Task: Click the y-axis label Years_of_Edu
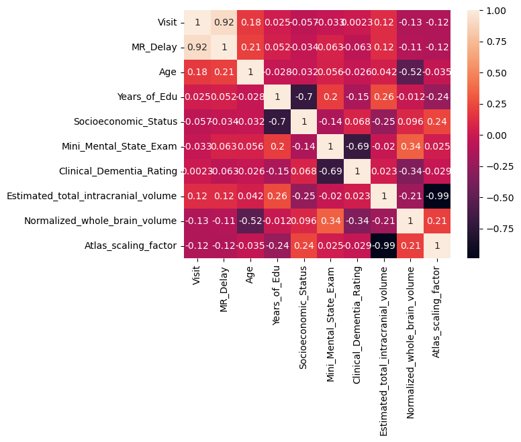[x=150, y=97]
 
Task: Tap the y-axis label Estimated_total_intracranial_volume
[x=91, y=196]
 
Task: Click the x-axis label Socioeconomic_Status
[x=303, y=316]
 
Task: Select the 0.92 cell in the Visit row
[x=224, y=22]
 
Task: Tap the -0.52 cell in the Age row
[x=410, y=72]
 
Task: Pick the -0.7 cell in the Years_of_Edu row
[x=303, y=97]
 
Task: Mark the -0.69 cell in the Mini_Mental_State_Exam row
[x=357, y=146]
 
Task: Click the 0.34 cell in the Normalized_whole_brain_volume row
[x=330, y=221]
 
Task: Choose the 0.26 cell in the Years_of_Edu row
[x=383, y=97]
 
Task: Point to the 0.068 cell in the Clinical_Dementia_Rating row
[x=303, y=171]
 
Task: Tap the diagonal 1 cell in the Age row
[x=250, y=72]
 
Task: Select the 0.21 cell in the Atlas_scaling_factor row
[x=410, y=245]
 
